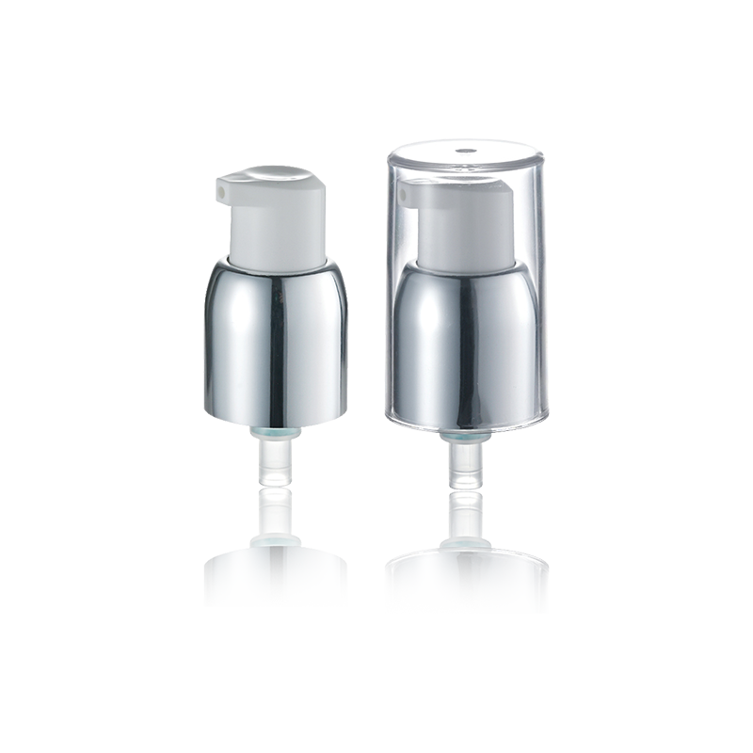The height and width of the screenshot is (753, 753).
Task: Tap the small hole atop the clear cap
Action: [463, 151]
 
